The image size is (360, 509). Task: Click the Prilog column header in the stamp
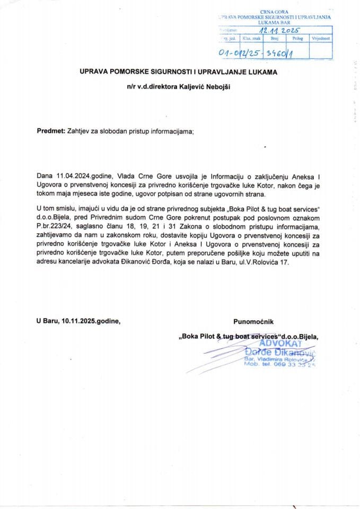tap(297, 39)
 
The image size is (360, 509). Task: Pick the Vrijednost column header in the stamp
tap(321, 39)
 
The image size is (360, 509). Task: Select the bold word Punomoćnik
tap(254, 321)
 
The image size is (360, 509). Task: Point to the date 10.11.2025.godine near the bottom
tap(78, 321)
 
